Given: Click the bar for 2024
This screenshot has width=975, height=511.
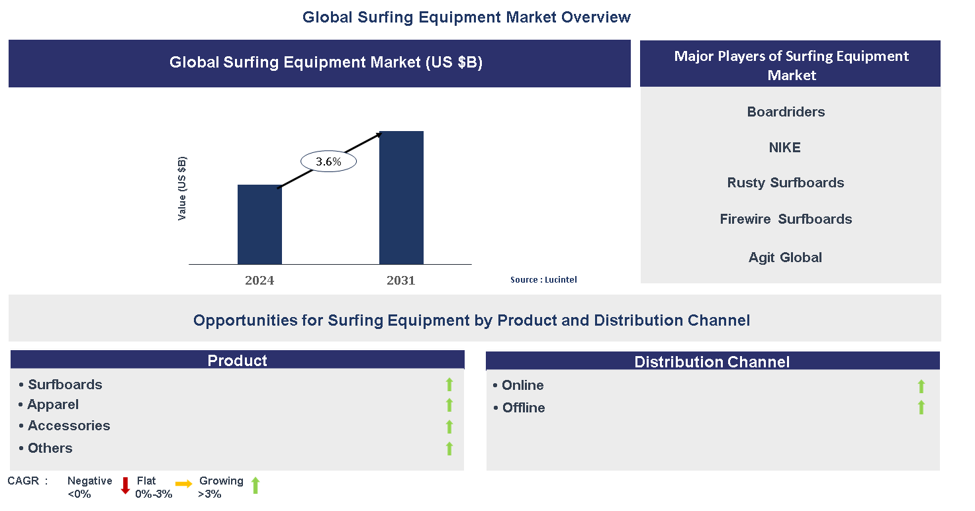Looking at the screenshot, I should coord(259,224).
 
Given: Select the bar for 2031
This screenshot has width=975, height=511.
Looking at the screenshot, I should coord(401,198).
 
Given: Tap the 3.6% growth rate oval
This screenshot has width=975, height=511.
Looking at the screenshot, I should coord(328,162).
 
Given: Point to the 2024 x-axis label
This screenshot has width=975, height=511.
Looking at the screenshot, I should coord(259,280).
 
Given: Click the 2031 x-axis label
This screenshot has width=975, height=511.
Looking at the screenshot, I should coord(401,280).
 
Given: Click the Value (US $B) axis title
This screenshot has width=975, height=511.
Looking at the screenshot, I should coord(182,189).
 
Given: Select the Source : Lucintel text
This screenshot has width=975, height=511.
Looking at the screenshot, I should coord(543,280).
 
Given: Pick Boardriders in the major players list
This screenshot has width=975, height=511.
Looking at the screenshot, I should coord(786,112).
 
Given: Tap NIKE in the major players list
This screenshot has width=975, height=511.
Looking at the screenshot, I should coord(784,148).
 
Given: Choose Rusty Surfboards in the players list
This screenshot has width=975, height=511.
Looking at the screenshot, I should coord(786,183).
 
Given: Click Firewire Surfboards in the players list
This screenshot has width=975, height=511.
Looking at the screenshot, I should coord(786,219).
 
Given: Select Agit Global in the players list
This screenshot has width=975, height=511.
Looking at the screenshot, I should coord(785,257).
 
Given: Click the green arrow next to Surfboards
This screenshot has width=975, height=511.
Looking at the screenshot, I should coord(449,385).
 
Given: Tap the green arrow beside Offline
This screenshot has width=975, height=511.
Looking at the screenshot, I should coord(921,408).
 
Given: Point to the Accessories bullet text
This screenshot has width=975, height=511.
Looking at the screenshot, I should coord(69,426).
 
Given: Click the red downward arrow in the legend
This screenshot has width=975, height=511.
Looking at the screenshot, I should coord(125,486).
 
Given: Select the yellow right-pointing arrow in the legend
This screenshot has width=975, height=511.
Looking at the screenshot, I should coord(184,485).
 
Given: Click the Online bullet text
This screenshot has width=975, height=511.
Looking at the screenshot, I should coord(522,385).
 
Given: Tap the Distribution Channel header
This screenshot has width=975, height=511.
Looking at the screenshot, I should coord(712,361).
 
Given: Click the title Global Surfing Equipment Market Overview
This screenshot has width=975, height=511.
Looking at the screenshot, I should coord(467,17).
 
